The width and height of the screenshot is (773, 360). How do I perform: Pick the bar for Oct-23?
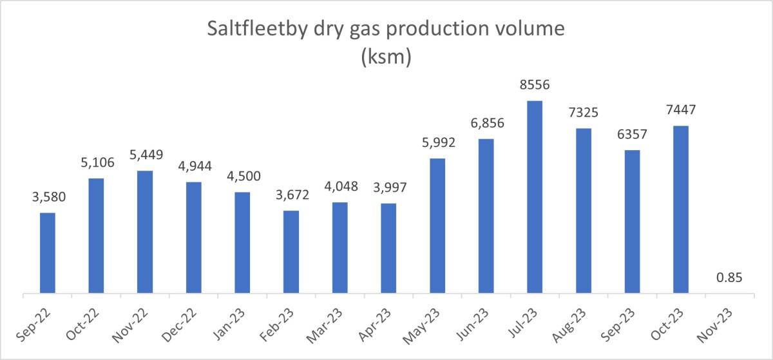pos(681,210)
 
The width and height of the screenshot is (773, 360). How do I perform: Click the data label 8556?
pos(535,85)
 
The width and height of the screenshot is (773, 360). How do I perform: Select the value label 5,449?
pos(145,155)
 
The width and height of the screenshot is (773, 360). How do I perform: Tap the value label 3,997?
pos(388,187)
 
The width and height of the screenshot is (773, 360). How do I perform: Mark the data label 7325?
pos(583,113)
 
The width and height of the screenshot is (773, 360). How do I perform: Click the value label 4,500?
pos(242,176)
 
